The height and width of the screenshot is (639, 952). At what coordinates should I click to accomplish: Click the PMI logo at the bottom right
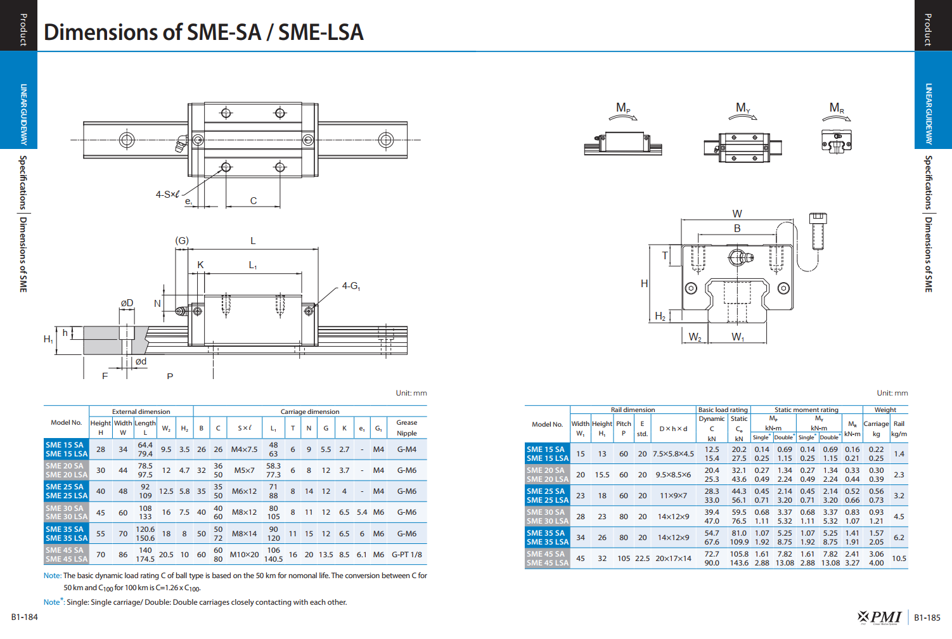point(879,617)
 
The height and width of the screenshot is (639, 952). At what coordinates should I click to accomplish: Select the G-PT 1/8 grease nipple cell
point(407,555)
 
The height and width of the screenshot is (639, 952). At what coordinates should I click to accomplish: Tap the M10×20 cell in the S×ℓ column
point(245,555)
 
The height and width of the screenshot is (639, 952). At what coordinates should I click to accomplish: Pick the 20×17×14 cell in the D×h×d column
point(673,558)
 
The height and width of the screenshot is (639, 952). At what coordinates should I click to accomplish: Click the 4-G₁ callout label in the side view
point(351,286)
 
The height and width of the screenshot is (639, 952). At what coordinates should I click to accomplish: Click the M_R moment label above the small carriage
point(837,108)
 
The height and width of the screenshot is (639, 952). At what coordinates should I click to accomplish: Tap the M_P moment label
point(623,108)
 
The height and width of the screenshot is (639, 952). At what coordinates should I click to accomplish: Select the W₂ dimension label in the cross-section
point(695,337)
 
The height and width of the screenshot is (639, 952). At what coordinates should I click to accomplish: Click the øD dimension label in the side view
point(127,303)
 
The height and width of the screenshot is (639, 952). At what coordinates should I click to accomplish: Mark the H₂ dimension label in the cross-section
point(660,316)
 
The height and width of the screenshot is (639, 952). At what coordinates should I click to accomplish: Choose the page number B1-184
point(24,617)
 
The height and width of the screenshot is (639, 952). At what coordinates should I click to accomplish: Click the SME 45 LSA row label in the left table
point(67,559)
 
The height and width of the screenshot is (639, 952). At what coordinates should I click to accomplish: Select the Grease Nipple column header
point(407,428)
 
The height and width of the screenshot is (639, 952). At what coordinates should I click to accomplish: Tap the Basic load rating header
point(723,410)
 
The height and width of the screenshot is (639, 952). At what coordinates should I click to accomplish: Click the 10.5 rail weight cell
point(899,558)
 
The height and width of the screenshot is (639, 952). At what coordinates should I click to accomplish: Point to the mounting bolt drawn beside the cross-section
point(818,231)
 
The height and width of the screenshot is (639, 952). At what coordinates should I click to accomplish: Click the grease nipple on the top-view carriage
point(181,144)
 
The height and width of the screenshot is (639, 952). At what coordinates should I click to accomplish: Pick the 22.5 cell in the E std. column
point(642,558)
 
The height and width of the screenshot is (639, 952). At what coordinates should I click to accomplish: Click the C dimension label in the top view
point(254,201)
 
